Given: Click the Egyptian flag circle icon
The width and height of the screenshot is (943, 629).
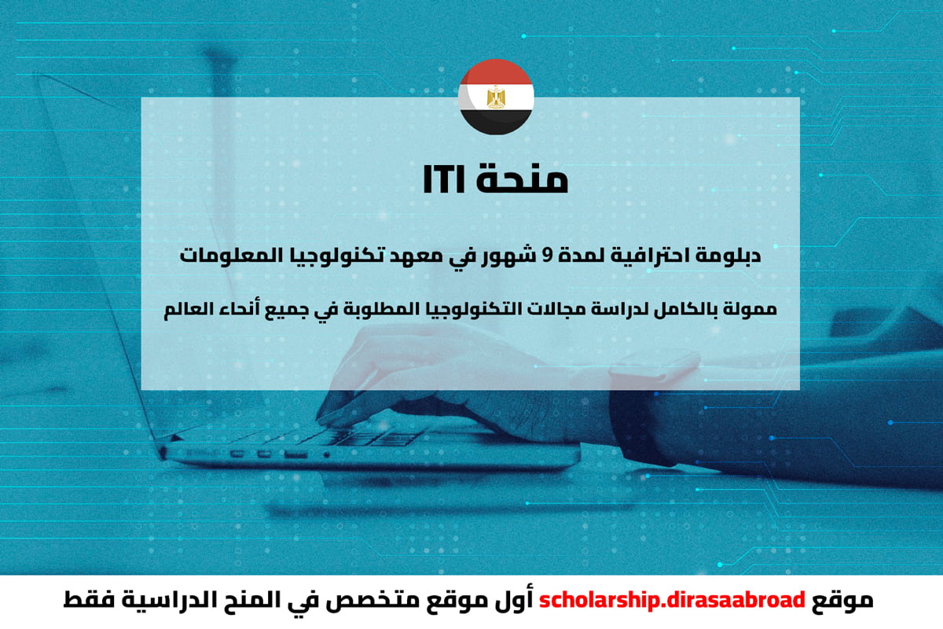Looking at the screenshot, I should pos(496,95).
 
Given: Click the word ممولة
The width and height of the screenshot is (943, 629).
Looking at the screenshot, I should pos(747,309).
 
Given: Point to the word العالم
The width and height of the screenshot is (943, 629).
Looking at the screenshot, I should pos(192,309).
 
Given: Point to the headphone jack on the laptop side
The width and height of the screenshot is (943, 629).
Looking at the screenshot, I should pos(326,454).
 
